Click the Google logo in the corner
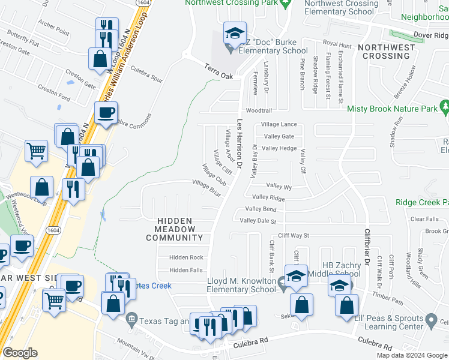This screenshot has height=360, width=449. tap(20, 353)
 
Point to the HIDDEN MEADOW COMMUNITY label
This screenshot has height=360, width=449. tap(175, 229)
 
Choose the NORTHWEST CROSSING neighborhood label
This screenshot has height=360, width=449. tap(387, 52)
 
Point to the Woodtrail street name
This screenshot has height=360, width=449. tap(259, 111)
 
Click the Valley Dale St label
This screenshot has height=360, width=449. tap(258, 221)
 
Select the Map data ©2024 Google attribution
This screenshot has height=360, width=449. tap(412, 355)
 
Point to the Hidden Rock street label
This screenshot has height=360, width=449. tap(186, 257)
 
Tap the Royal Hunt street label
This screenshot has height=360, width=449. tap(337, 44)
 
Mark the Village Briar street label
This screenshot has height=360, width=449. tap(207, 187)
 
